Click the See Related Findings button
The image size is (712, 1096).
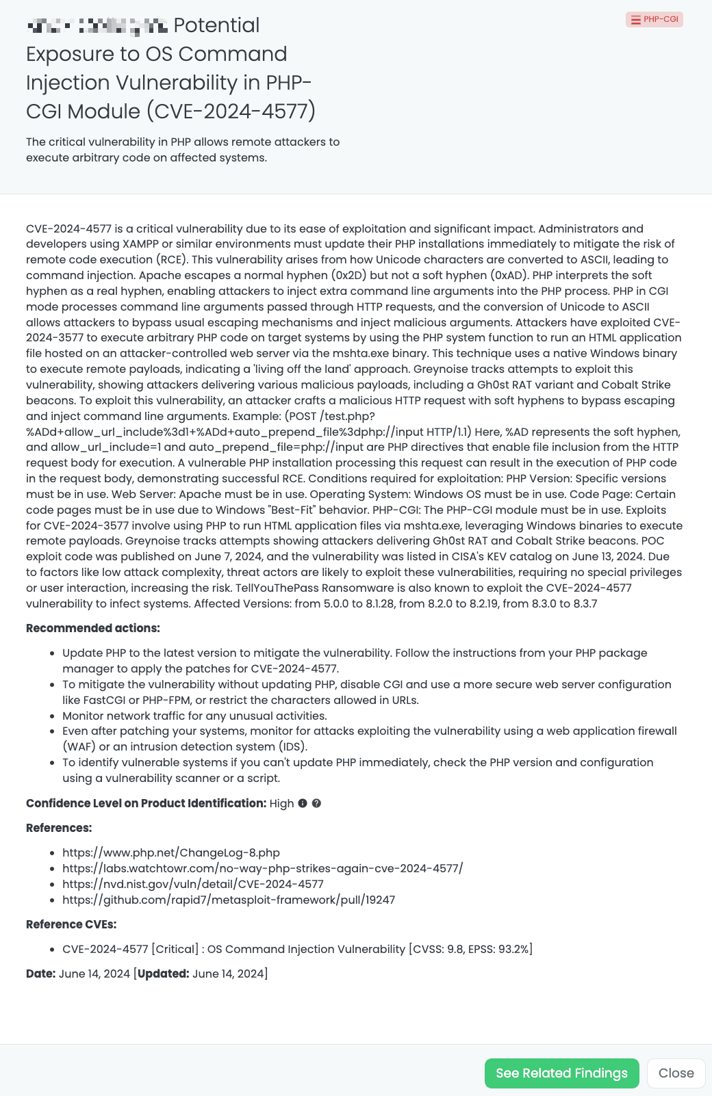click(561, 1073)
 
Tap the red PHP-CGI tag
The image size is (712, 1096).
click(654, 19)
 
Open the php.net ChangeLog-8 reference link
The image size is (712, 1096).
click(171, 852)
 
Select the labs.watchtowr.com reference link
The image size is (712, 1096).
click(262, 868)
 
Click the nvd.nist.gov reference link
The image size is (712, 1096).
click(193, 884)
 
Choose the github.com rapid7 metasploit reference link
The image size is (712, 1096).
click(229, 900)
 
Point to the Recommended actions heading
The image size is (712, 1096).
click(93, 628)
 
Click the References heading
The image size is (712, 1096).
click(59, 828)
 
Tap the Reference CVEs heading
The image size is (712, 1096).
click(71, 924)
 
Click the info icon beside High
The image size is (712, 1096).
click(303, 803)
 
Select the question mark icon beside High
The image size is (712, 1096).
click(316, 803)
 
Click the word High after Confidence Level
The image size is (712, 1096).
click(281, 803)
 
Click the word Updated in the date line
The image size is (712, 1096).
click(163, 974)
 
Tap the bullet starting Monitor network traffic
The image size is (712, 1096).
click(194, 716)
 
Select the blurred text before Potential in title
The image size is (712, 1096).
click(97, 27)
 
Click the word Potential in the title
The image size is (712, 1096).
click(216, 25)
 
